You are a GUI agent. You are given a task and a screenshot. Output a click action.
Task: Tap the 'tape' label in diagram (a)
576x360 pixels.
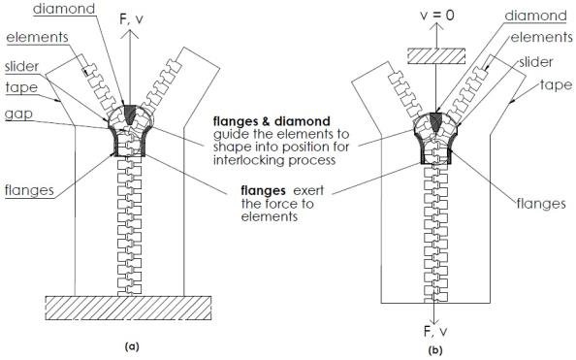pyautogui.click(x=22, y=87)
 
